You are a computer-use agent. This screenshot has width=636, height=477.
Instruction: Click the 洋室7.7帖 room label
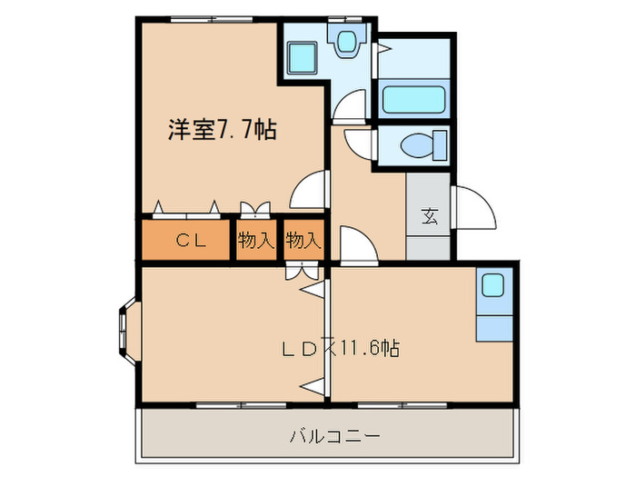tap(222, 129)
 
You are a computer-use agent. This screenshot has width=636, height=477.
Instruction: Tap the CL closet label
tap(189, 241)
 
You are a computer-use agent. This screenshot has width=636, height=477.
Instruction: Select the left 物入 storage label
tap(256, 241)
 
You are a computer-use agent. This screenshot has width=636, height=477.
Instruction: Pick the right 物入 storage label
tap(303, 241)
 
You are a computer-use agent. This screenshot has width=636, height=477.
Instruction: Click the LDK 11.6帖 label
tap(340, 347)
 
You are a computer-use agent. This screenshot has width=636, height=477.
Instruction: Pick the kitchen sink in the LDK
tap(493, 285)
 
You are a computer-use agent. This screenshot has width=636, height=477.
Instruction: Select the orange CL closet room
tap(189, 241)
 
